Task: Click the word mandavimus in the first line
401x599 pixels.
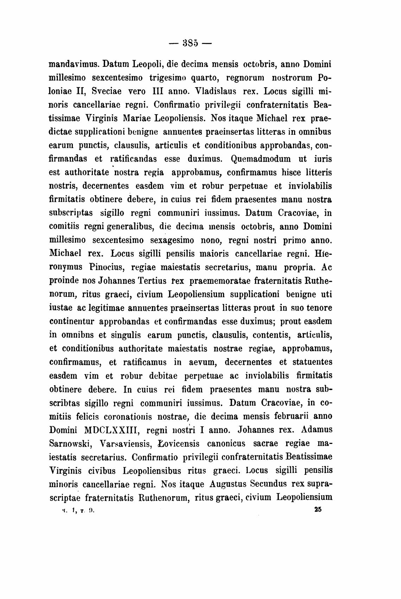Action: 76,65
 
